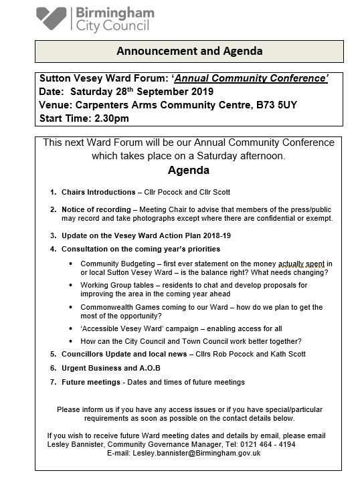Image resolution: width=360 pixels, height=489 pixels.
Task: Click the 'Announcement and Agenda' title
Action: tap(190, 51)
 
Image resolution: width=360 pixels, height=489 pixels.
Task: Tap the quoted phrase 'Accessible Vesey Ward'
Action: tap(132, 329)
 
